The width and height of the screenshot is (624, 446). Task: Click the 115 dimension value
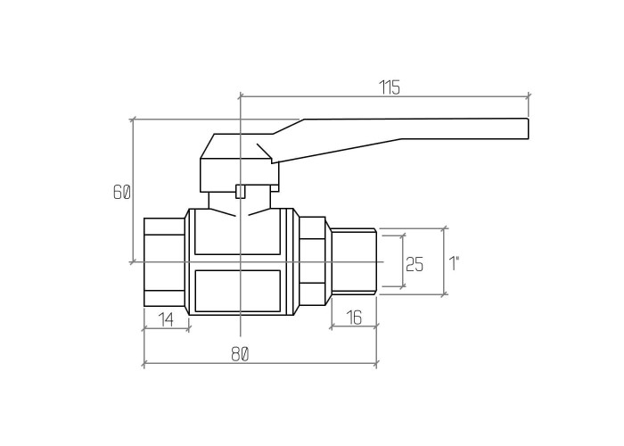(x=389, y=87)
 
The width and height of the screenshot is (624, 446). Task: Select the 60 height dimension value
(x=122, y=193)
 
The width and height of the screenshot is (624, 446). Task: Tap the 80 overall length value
(x=240, y=354)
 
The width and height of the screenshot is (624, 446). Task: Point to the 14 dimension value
(x=167, y=319)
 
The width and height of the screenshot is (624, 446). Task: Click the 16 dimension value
(x=354, y=318)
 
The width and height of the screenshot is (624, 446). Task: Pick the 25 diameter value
(x=415, y=264)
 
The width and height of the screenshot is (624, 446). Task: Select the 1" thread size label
(x=454, y=263)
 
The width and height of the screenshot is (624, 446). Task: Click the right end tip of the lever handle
(x=528, y=128)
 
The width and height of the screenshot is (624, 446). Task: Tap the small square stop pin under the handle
(x=241, y=191)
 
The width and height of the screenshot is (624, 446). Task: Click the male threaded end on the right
(x=354, y=261)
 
